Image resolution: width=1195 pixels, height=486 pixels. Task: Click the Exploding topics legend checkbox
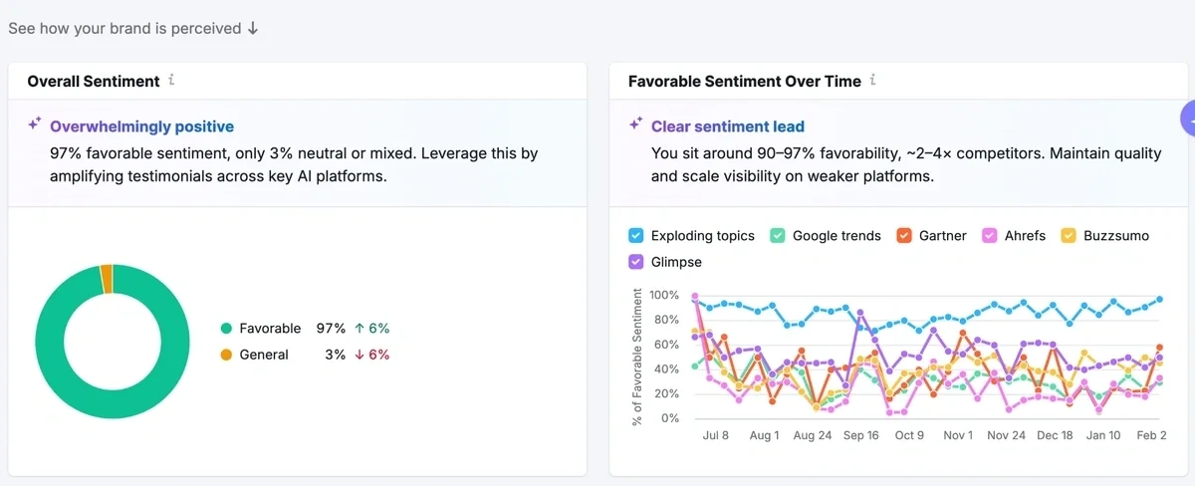[x=635, y=236]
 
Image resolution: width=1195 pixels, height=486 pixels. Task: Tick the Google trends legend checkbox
[x=777, y=236]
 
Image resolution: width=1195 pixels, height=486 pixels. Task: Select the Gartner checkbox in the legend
[x=903, y=236]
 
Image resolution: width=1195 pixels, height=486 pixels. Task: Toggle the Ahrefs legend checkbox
[x=989, y=236]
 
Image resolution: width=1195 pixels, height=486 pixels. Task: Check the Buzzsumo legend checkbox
[x=1069, y=236]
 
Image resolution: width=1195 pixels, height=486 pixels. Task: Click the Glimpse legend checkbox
[x=635, y=262]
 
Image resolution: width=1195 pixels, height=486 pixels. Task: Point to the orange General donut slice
[x=107, y=279]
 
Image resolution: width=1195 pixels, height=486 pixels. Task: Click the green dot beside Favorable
[x=226, y=328]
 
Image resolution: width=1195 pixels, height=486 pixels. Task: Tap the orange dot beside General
[x=226, y=355]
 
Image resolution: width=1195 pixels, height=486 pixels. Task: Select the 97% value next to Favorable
[x=331, y=328]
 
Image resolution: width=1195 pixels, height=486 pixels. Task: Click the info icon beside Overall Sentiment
[x=171, y=81]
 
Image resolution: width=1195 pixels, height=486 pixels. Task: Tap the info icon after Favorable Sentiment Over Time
[x=873, y=81]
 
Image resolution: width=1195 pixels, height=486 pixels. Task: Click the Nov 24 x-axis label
[x=1006, y=435]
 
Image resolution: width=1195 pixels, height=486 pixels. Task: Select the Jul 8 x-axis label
[x=715, y=435]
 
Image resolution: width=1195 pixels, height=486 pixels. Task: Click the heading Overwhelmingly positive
[x=141, y=126]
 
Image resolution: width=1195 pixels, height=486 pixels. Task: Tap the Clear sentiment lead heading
[x=727, y=126]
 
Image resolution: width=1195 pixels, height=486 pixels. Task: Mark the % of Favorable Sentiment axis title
[x=637, y=357]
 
